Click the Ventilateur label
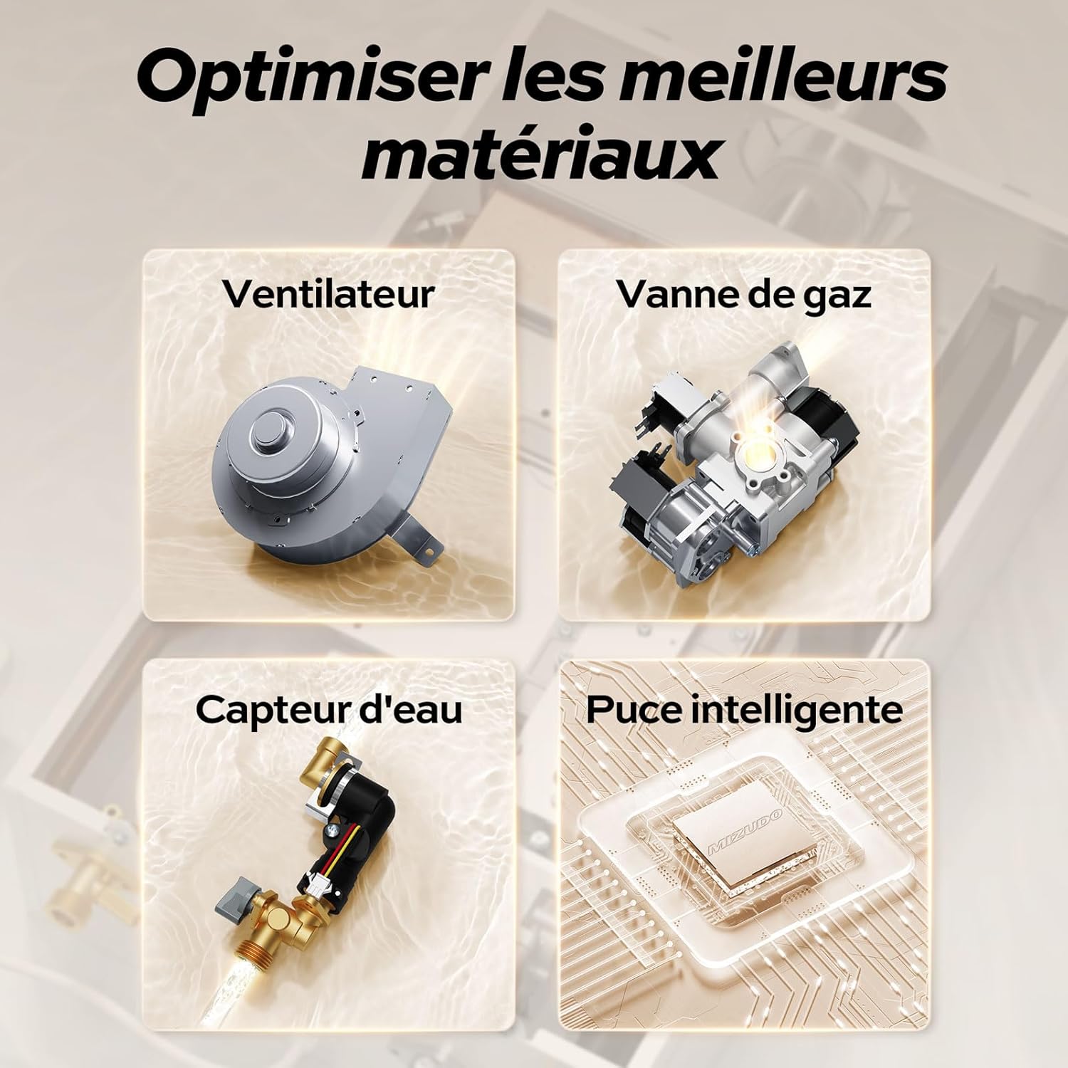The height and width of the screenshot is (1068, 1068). (328, 293)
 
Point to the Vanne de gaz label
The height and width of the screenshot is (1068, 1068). (744, 293)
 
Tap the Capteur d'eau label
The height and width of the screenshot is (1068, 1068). (328, 709)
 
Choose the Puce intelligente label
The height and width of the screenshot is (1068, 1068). (744, 711)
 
